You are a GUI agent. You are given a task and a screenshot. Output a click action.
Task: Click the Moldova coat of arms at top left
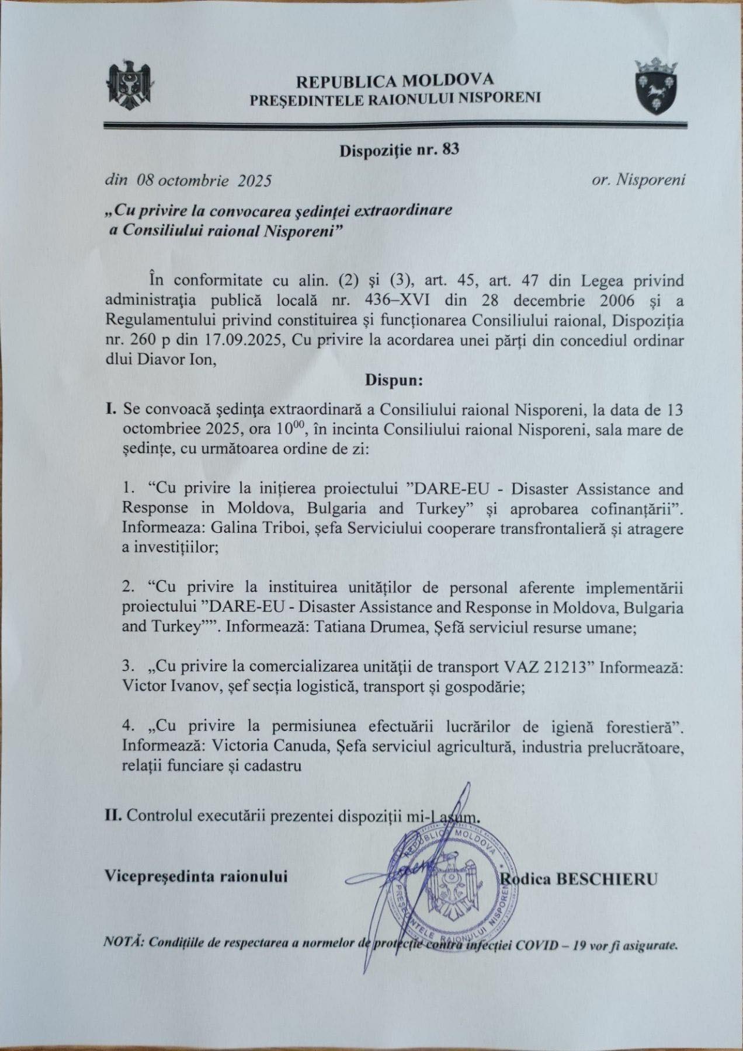tap(130, 85)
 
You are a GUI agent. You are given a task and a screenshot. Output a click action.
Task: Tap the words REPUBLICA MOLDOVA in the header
tap(395, 79)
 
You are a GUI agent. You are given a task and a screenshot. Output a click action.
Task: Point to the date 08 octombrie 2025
tap(204, 180)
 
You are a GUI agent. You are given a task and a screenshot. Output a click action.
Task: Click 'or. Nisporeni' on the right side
tap(638, 180)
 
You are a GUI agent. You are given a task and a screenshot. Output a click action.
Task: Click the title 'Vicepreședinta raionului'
tap(196, 877)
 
